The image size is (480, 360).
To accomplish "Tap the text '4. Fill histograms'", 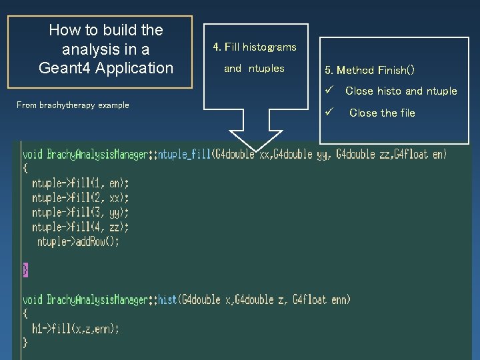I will click(x=255, y=47).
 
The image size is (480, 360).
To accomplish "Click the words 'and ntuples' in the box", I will click(x=254, y=68).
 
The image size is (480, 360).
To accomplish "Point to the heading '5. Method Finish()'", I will click(x=369, y=70).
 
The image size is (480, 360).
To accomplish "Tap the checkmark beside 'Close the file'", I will click(x=328, y=112).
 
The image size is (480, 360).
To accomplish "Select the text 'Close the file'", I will click(x=382, y=113).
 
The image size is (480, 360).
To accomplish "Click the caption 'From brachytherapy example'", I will click(x=73, y=105).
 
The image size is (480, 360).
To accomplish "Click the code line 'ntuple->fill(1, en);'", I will click(x=81, y=183).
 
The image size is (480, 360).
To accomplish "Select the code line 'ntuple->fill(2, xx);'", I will click(x=81, y=198).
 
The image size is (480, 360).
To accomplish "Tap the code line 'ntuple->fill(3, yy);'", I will click(x=81, y=213).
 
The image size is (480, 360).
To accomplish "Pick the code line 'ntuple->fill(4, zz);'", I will click(x=81, y=227).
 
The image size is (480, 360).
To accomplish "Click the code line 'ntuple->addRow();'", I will click(x=79, y=242).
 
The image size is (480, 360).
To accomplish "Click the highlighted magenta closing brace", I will click(x=25, y=269).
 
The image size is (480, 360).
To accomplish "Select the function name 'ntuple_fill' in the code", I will click(x=183, y=155).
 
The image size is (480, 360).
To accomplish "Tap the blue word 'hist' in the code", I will click(x=167, y=300).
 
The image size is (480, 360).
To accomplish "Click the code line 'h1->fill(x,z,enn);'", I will click(x=76, y=329).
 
